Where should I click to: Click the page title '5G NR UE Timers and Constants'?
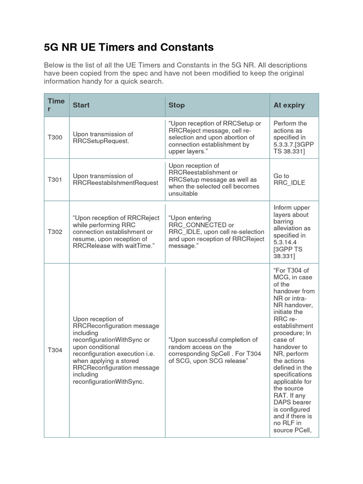pos(129,47)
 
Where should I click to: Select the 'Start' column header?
pos(81,105)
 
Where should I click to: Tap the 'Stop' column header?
pos(176,105)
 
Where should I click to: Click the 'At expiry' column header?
pos(289,105)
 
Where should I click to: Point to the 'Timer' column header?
pos(56,105)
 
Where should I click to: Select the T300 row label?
pos(55,138)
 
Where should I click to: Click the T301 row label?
pos(55,180)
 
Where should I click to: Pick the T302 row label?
pos(55,232)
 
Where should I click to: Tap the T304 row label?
pos(55,350)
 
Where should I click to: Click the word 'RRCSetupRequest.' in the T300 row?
pos(101,141)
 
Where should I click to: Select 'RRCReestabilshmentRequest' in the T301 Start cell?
pos(115,183)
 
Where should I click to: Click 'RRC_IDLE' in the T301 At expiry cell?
pos(289,183)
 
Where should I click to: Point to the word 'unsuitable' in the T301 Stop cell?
pos(183,193)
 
